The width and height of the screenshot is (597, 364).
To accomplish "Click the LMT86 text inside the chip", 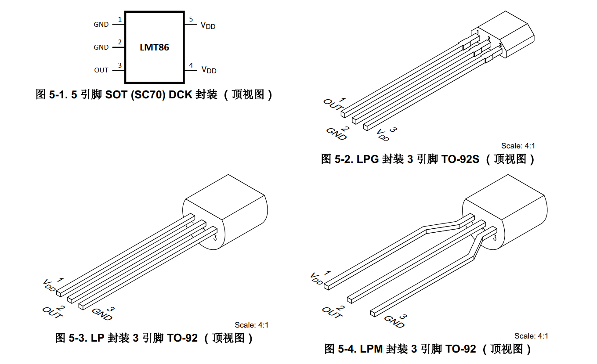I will point(154,47).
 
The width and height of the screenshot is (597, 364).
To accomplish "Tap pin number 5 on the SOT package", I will point(191,19).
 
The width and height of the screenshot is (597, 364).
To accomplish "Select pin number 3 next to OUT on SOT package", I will point(119,65).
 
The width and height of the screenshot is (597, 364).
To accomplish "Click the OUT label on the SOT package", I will point(101,70).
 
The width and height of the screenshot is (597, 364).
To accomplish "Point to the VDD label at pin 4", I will point(209,70).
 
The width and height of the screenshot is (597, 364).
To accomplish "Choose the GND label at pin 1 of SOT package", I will point(101,25).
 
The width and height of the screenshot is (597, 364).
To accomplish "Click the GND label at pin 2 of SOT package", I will point(101,47).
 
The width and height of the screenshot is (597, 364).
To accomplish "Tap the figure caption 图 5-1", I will point(154,94).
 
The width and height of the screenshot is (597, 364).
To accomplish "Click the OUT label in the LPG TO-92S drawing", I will point(332,106).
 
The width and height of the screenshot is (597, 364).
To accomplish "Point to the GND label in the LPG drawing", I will point(336,134).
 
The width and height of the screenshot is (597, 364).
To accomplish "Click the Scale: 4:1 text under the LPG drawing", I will point(518,146).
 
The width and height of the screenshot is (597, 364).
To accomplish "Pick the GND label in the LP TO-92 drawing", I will point(102,314).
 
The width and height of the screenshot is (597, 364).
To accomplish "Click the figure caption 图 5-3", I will point(154,338).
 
